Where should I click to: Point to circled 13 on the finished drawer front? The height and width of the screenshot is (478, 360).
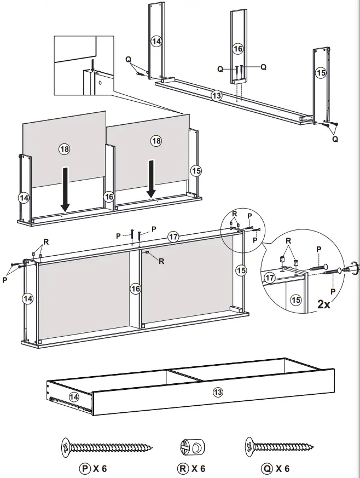(218, 392)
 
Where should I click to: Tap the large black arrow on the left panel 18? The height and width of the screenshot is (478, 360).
(65, 189)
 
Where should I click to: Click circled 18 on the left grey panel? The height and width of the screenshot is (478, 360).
(65, 148)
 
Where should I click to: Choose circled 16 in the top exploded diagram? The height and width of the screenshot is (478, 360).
(237, 49)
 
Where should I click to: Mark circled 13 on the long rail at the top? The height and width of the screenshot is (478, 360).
(217, 96)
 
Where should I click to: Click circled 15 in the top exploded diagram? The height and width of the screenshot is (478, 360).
(321, 72)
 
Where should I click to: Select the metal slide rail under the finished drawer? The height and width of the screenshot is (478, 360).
(71, 404)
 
